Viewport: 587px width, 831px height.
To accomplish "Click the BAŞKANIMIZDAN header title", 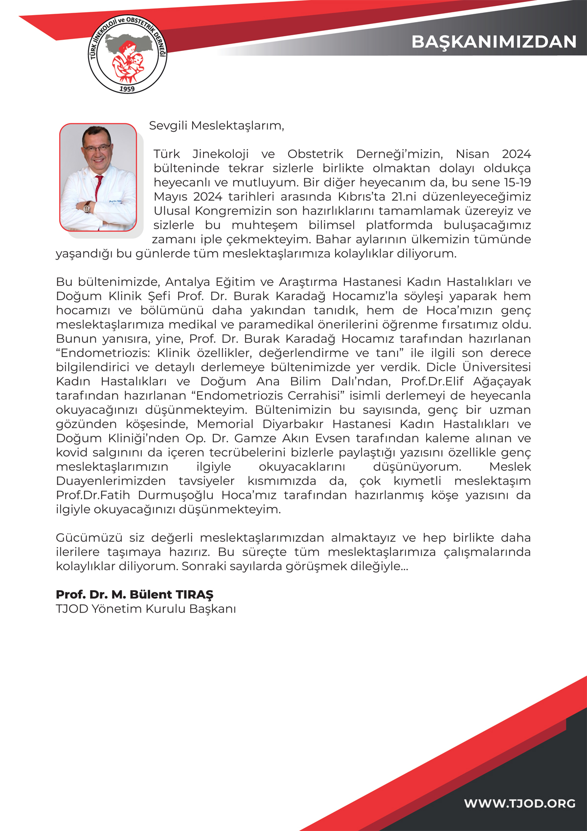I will click(494, 42).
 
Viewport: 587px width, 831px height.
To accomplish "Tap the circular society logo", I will click(128, 54).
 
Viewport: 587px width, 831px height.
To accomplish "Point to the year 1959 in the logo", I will click(127, 89).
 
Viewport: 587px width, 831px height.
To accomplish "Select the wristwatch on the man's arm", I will click(87, 207).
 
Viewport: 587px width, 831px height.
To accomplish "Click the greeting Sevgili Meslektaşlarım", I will click(216, 125).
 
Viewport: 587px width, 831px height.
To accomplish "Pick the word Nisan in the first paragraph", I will click(472, 154).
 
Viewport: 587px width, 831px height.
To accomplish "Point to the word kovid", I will click(70, 452).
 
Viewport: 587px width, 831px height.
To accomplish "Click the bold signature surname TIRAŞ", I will click(194, 594).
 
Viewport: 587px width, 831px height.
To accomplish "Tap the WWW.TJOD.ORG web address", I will click(519, 804).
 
